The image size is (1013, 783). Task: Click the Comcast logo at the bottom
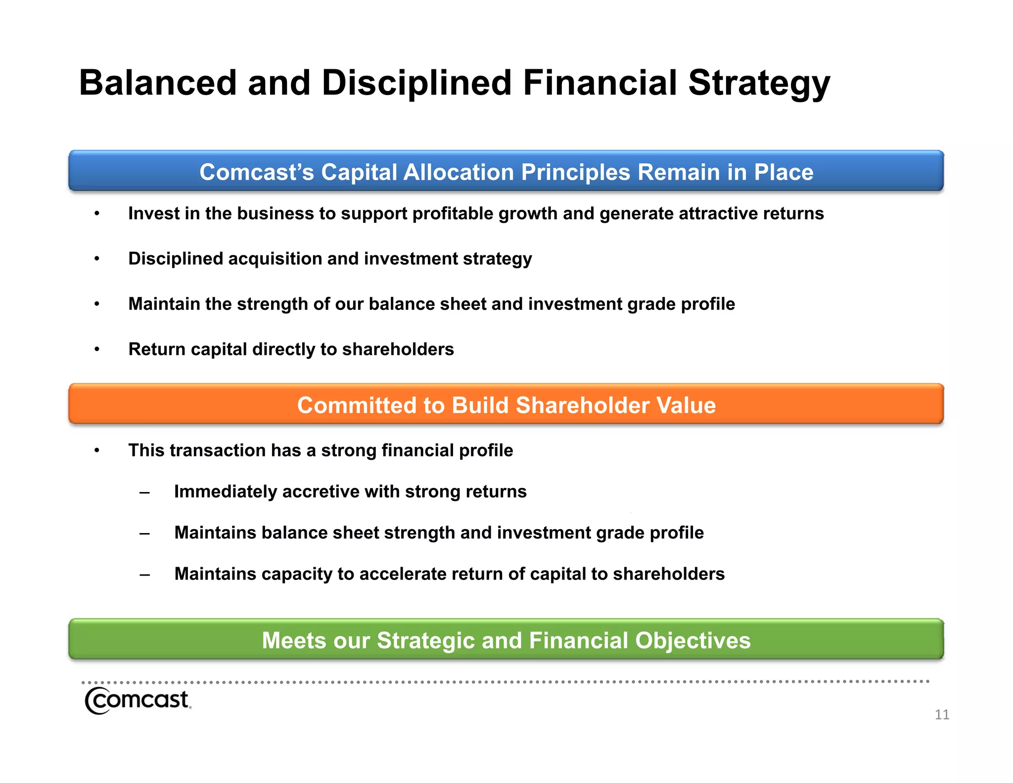138,700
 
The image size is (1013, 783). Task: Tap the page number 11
941,715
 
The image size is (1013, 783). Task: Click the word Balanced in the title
158,83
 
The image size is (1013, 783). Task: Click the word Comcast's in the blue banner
256,172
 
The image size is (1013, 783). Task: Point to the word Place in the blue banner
783,172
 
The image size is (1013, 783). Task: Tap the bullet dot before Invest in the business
97,214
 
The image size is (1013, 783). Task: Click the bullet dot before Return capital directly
97,350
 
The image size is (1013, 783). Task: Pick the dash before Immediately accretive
144,492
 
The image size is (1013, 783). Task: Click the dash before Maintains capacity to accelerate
144,575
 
